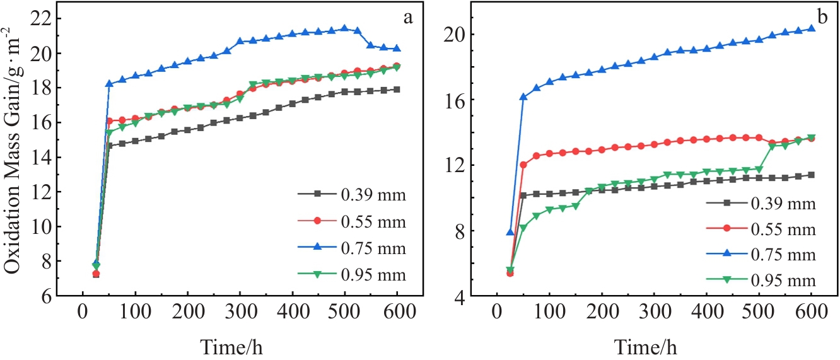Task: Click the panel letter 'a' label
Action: (x=408, y=18)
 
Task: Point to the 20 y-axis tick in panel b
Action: (x=462, y=34)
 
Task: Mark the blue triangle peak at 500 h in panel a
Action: (x=344, y=28)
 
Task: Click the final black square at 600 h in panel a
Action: (x=397, y=90)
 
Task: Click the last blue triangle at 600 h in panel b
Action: (x=811, y=28)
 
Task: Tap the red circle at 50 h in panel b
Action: (x=523, y=165)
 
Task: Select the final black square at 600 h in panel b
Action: (x=811, y=175)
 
